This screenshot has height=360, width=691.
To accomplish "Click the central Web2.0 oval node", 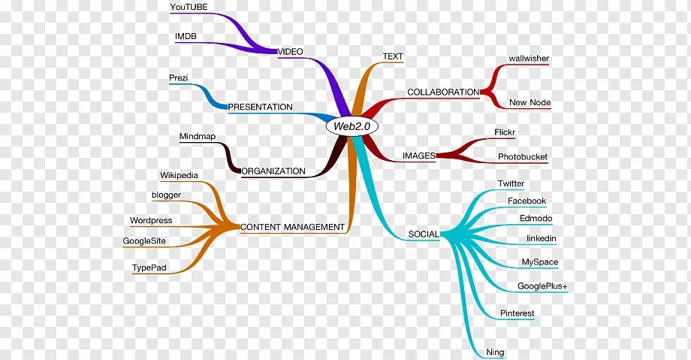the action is click(352, 126).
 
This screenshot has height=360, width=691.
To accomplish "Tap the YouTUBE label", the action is click(189, 7).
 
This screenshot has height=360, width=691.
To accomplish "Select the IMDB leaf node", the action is click(186, 35).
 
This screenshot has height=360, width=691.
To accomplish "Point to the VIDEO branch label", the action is click(291, 51).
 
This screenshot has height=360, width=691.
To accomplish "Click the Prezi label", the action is click(179, 77).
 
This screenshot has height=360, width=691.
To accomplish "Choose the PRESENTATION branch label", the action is click(260, 107).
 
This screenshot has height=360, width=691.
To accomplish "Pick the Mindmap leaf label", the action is click(198, 137).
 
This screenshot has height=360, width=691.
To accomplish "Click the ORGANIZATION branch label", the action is click(273, 171).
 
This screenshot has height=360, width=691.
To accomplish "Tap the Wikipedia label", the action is click(179, 175).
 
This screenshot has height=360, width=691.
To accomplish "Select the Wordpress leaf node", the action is click(151, 220).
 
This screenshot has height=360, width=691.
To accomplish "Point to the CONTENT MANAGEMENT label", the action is click(293, 226).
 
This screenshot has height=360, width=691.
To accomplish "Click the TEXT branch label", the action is click(393, 56).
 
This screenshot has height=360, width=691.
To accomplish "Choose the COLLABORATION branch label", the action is click(443, 92).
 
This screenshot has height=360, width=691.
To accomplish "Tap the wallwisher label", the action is click(529, 57).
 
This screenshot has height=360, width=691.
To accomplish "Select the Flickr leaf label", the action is click(504, 132).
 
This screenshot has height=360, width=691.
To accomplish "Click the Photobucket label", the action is click(523, 157).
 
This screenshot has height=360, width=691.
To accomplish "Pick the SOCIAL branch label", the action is click(423, 234).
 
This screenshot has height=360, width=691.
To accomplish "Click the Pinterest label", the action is click(517, 313).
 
